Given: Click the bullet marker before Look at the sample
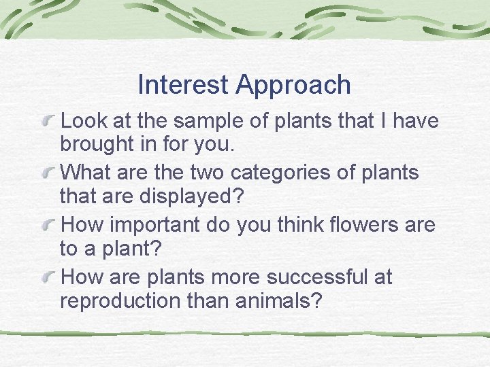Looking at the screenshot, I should [x=50, y=122].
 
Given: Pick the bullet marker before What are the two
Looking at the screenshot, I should [x=50, y=173].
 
